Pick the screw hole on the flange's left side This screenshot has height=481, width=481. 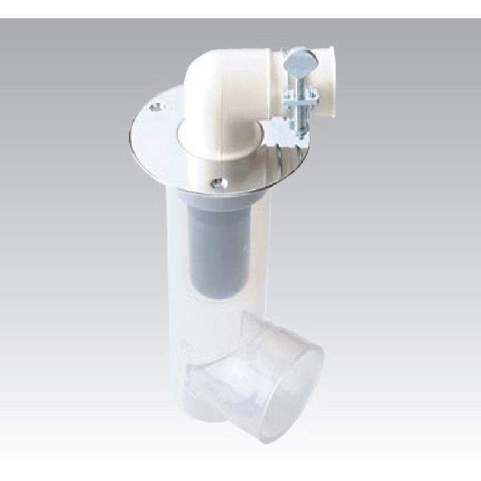[x=156, y=107]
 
